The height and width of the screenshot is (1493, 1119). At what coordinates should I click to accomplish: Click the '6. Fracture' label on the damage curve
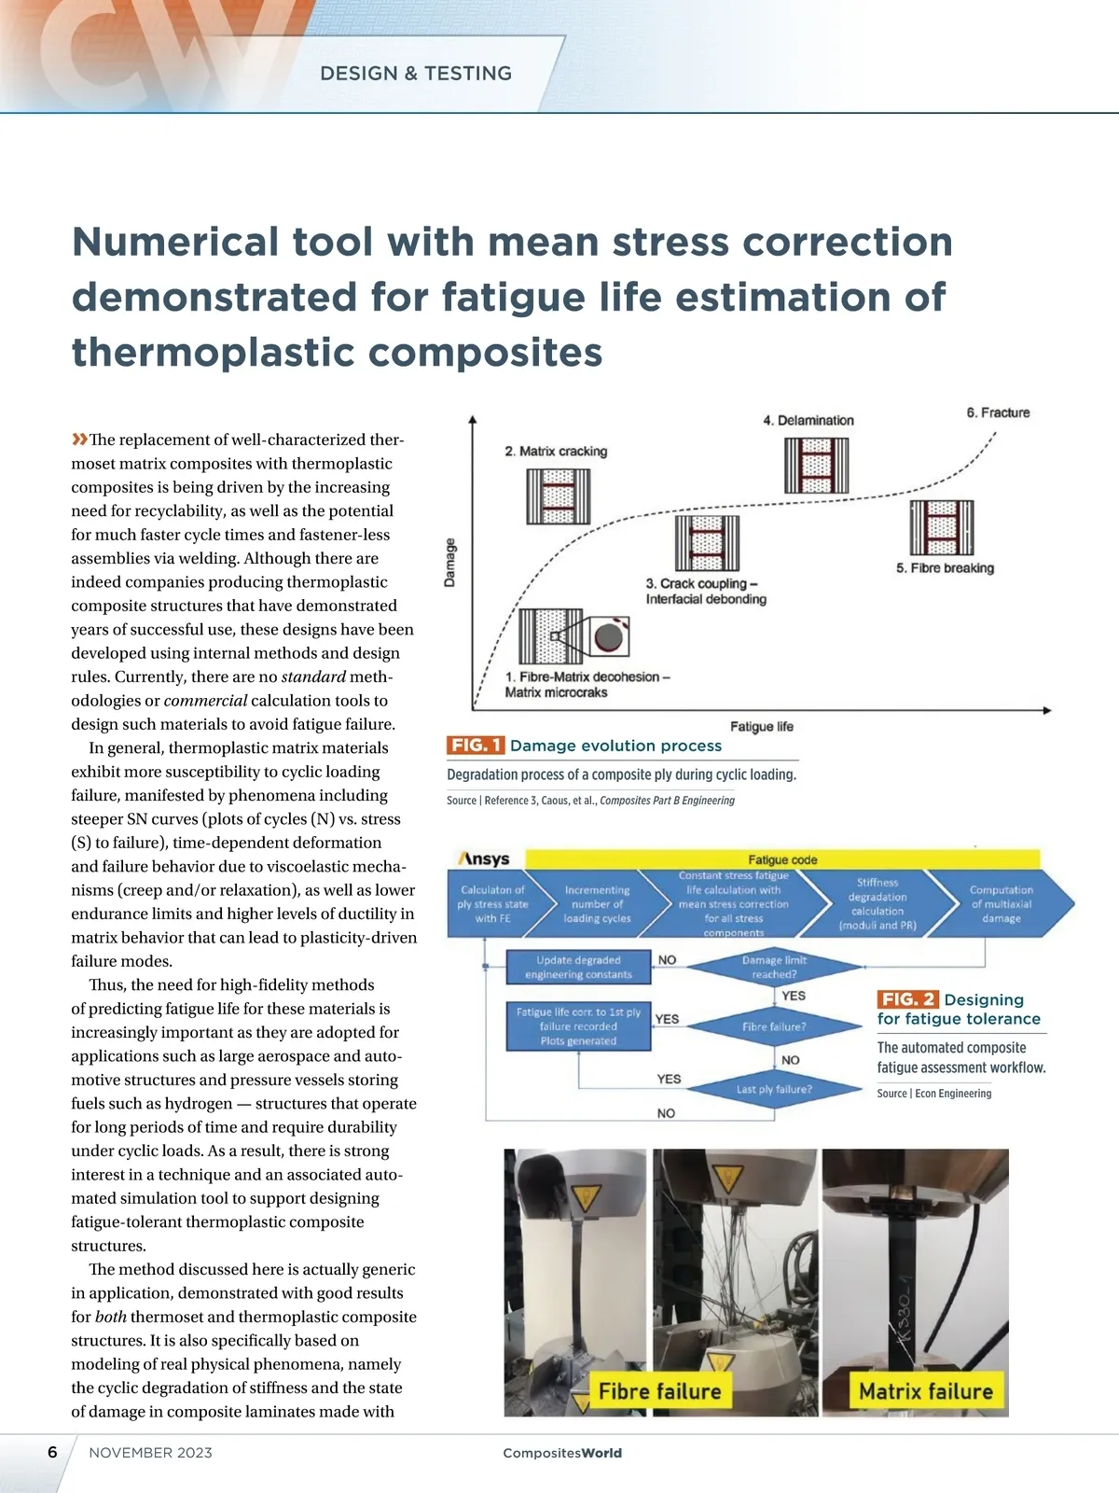[998, 412]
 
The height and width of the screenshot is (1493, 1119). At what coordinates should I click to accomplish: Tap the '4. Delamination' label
[808, 421]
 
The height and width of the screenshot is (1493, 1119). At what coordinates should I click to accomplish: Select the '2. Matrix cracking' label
[556, 452]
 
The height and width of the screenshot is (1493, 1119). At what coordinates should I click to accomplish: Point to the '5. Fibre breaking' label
[945, 568]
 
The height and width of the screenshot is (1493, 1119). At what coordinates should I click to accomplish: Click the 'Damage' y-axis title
[450, 562]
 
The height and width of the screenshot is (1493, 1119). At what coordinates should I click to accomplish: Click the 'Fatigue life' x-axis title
[761, 727]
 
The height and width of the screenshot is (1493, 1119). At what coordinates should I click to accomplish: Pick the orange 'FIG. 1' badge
[476, 746]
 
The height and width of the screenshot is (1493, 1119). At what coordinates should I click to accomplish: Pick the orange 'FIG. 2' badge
[907, 999]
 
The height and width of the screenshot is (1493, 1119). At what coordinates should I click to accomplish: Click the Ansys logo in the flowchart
[485, 859]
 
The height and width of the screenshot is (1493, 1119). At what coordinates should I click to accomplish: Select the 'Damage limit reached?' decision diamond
[774, 967]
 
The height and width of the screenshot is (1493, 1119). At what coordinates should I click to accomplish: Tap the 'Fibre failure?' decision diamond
[774, 1026]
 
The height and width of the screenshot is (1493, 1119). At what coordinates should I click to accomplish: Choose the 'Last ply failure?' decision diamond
[774, 1089]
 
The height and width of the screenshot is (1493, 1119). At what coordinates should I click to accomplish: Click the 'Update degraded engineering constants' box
[578, 967]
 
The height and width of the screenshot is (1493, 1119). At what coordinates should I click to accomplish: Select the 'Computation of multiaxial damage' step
[1001, 904]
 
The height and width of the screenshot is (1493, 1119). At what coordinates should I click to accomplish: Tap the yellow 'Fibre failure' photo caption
[659, 1391]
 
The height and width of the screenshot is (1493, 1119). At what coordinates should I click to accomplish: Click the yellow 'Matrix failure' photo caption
[925, 1391]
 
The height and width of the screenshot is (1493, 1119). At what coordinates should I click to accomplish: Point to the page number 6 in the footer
[52, 1452]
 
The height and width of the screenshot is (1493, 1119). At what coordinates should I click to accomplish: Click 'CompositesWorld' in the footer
[561, 1453]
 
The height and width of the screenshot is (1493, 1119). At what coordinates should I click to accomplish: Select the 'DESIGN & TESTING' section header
[416, 74]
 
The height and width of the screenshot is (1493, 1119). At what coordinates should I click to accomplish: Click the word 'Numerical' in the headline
[175, 242]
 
